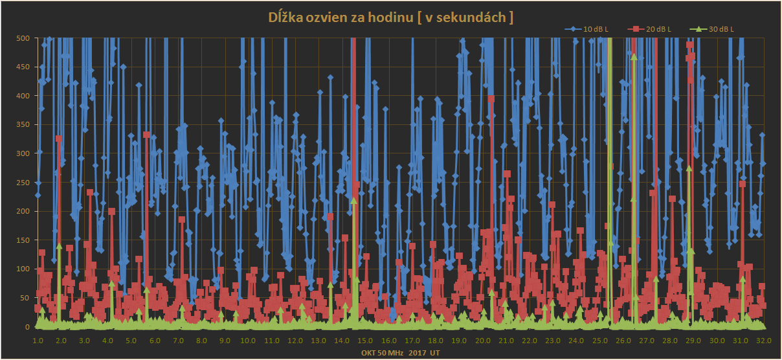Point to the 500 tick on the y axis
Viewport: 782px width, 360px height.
23,38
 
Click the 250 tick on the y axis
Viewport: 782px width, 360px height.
23,183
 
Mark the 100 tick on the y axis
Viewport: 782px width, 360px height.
23,269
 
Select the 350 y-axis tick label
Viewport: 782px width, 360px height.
23,125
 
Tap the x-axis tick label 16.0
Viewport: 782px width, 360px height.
388,341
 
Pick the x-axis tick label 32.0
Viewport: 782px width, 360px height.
763,341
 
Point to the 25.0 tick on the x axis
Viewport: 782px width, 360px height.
599,341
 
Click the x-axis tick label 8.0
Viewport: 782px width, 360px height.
201,341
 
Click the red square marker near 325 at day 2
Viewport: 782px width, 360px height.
59,139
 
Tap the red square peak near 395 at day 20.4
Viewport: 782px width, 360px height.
491,99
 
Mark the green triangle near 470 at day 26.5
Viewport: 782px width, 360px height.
634,57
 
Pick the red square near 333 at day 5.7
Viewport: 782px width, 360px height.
146,135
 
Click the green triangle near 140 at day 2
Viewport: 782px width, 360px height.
59,246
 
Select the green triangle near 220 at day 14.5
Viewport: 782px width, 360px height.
353,201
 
